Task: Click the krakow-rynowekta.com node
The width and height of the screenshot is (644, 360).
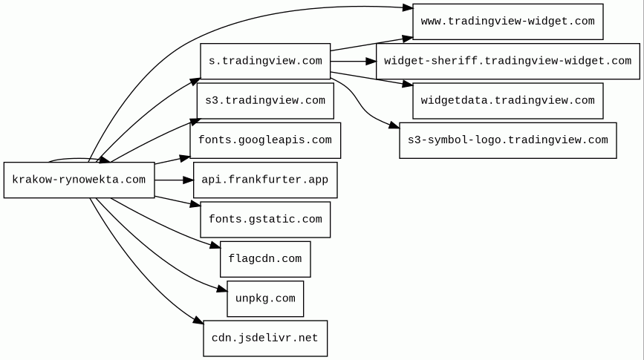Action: [x=79, y=180]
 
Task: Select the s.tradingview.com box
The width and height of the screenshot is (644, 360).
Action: [x=265, y=61]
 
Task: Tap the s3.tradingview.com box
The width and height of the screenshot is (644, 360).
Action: [x=265, y=100]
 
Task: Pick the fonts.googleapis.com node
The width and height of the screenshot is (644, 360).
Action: [x=265, y=140]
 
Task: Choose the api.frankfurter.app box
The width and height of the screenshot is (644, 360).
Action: [x=265, y=180]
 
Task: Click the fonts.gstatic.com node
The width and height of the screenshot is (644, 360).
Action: [x=265, y=219]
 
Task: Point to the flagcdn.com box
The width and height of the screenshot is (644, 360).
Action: [x=265, y=259]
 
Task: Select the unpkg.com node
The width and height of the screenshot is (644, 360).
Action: [x=265, y=298]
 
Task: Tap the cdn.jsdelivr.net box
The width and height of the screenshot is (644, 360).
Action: [x=265, y=338]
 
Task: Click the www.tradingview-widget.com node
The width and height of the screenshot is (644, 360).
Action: [x=508, y=22]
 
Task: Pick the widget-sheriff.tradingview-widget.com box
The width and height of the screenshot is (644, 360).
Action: [x=508, y=61]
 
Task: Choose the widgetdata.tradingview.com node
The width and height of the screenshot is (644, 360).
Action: [x=508, y=100]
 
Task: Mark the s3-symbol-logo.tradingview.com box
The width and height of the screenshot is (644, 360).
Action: [x=508, y=140]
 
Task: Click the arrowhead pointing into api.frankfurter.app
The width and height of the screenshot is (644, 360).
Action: [x=189, y=180]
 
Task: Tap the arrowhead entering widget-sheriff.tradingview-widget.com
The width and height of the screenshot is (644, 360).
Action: [x=371, y=61]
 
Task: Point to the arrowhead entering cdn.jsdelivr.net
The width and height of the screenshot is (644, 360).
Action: [x=199, y=320]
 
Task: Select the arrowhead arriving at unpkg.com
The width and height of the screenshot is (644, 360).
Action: [x=222, y=289]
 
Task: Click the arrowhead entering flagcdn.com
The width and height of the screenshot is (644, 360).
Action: [x=215, y=246]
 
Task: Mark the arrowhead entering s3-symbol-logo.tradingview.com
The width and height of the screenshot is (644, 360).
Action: [x=394, y=125]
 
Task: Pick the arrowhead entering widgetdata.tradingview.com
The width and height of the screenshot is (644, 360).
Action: [x=408, y=85]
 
